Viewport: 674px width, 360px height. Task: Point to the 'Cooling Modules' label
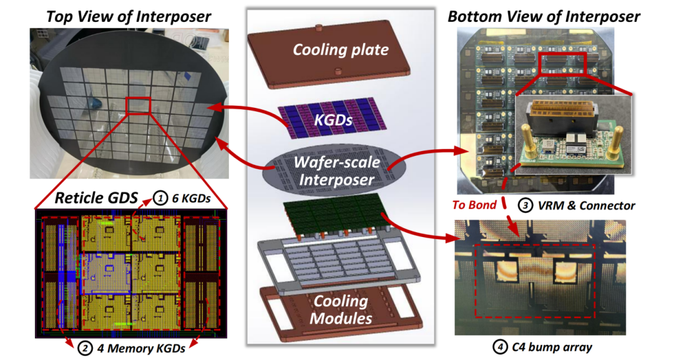pyautogui.click(x=340, y=309)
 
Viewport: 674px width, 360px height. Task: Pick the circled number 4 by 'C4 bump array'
pyautogui.click(x=497, y=348)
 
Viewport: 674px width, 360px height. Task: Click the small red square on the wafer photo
pyautogui.click(x=138, y=105)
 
